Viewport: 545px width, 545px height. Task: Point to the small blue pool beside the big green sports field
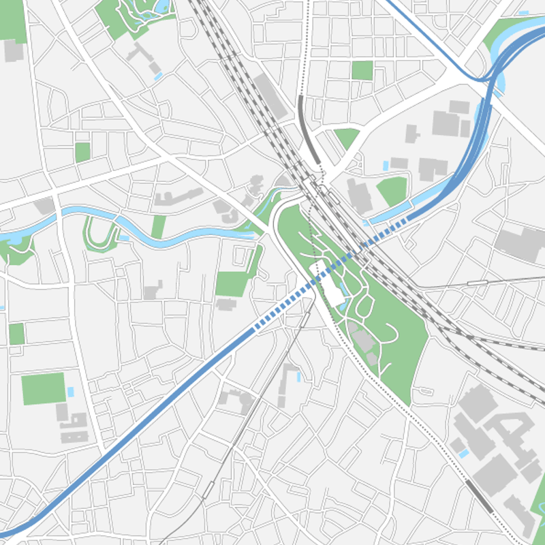coord(71,393)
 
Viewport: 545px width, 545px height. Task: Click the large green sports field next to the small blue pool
coord(43,388)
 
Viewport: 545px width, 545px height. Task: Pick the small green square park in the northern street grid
coord(362,71)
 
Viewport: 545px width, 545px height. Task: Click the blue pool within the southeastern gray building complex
coord(464,453)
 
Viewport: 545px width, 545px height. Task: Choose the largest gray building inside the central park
coord(363,341)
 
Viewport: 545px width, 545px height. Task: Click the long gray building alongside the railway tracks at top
coord(270,96)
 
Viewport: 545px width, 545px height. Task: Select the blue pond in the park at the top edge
coord(162,7)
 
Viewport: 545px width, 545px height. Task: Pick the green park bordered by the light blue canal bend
coord(393,191)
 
